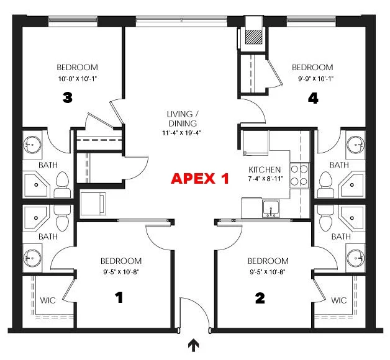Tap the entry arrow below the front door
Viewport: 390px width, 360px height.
coord(193,344)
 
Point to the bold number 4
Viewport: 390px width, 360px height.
coord(313,97)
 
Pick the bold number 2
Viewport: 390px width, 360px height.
coord(260,298)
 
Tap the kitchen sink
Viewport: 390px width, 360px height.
coord(270,208)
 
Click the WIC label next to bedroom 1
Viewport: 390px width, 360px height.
coord(48,300)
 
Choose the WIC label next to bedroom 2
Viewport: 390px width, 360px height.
coord(338,300)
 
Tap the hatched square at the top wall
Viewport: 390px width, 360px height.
coord(254,37)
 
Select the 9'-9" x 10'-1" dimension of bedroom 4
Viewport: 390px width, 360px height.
coord(312,78)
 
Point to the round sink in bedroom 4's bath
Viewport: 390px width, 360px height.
coord(356,145)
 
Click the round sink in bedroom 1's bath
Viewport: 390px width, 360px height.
coord(32,256)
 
